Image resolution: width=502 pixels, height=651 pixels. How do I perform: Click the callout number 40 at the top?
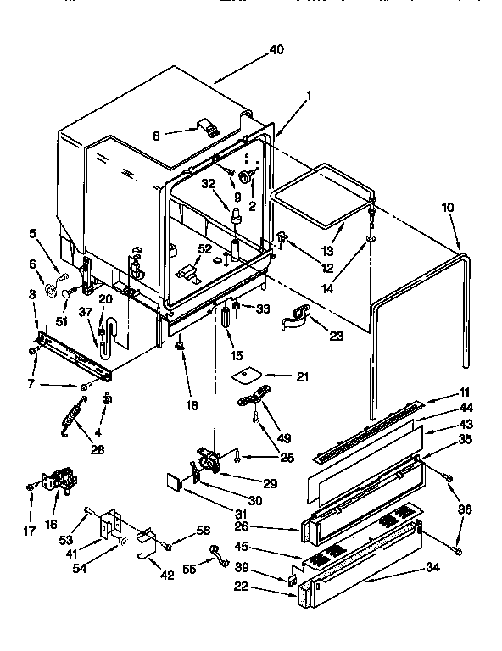[x=276, y=49]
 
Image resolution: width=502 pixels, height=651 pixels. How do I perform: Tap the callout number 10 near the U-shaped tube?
[x=448, y=208]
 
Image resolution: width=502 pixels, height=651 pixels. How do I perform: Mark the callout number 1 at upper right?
[x=310, y=96]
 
